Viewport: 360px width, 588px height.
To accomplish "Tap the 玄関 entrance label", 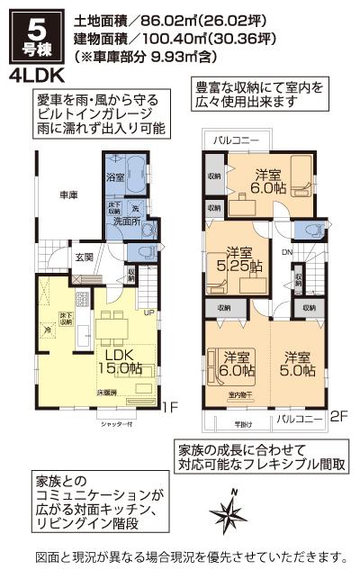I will pyautogui.click(x=84, y=258).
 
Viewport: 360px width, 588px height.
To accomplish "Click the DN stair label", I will pyautogui.click(x=286, y=252).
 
